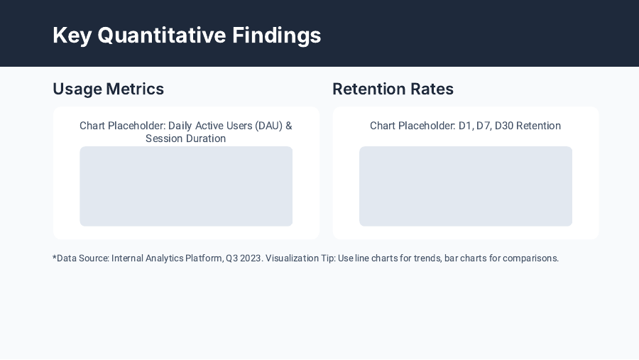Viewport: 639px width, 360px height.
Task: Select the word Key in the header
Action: (72, 35)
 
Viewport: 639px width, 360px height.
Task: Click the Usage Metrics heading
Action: (108, 89)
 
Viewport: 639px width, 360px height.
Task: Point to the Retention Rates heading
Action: (393, 89)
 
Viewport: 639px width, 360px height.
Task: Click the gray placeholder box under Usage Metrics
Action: (186, 186)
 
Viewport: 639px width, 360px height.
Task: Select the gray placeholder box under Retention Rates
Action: (466, 186)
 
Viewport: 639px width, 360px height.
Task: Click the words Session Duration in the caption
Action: (186, 138)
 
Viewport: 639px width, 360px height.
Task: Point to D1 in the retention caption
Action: (466, 126)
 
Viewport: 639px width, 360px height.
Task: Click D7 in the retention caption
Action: (483, 126)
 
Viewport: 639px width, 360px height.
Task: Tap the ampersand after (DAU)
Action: (288, 126)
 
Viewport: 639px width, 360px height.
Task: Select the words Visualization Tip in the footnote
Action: (300, 258)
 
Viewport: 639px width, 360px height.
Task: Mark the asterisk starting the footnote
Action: (55, 257)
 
